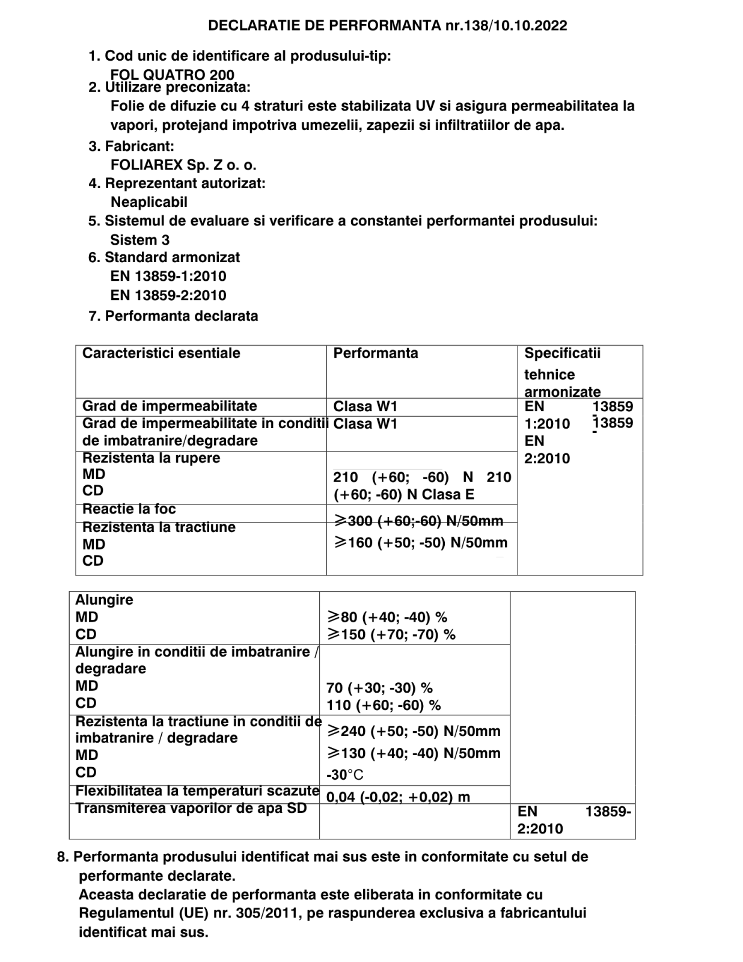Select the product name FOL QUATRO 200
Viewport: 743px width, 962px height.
[x=172, y=75]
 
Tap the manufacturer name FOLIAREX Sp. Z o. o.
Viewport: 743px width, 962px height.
[x=183, y=165]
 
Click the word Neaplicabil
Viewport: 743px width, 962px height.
[x=149, y=202]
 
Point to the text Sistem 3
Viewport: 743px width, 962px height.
[x=140, y=240]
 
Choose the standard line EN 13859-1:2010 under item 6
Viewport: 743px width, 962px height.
[x=168, y=277]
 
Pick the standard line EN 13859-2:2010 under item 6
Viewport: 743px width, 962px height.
[x=168, y=295]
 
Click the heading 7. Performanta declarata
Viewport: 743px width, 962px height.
[x=173, y=316]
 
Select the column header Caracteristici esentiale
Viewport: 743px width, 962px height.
[x=161, y=353]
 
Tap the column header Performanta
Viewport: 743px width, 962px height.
[x=376, y=353]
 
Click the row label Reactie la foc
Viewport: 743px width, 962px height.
[x=129, y=509]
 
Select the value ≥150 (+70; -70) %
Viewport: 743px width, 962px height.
[x=391, y=634]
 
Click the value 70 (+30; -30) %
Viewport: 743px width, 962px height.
[x=379, y=688]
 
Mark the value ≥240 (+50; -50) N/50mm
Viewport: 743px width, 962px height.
[x=414, y=731]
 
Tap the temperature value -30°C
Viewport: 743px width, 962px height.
[x=345, y=775]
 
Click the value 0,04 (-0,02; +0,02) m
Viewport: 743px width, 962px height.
[x=398, y=797]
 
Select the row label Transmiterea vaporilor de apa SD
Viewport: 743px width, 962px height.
[x=191, y=809]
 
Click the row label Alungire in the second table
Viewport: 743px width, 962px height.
[x=104, y=600]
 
